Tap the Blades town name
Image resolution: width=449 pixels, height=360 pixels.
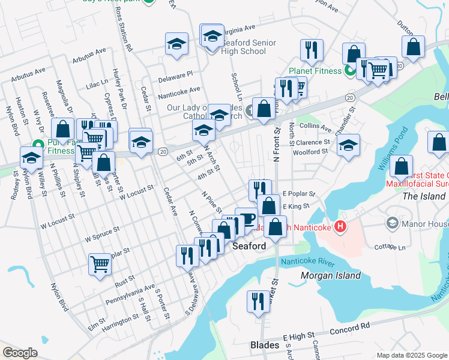(264, 346)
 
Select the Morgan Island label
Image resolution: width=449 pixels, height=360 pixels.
(331, 276)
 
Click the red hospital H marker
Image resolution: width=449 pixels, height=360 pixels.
(340, 227)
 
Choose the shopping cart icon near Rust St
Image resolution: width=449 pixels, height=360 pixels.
(100, 263)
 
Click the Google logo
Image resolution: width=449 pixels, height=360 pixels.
(20, 353)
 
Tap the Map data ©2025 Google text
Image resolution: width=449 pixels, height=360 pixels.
(411, 355)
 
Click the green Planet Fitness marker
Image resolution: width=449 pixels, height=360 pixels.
(350, 71)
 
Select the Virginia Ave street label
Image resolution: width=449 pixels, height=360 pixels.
(239, 28)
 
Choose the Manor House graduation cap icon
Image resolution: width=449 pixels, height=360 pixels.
(392, 223)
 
